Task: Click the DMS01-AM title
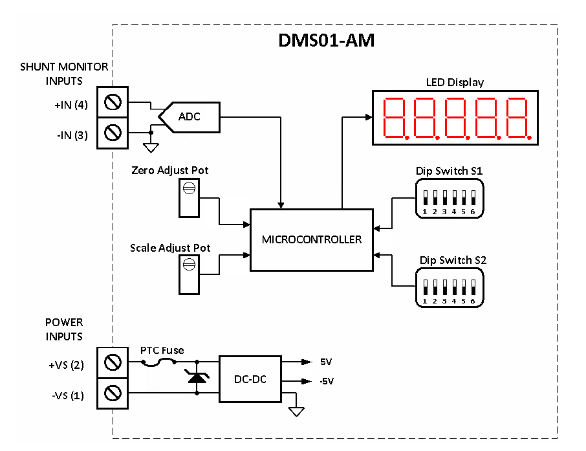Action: [327, 41]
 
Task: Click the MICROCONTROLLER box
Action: [311, 239]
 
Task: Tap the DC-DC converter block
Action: [250, 379]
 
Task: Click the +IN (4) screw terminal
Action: [113, 102]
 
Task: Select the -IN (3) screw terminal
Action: [113, 133]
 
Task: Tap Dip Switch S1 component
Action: [449, 199]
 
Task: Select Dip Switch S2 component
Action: [449, 288]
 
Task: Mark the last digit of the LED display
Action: [518, 118]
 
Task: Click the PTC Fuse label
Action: [162, 350]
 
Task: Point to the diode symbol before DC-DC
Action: [196, 379]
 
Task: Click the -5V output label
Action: [326, 381]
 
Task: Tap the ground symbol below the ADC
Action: [151, 147]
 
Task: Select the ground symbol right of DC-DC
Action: [297, 410]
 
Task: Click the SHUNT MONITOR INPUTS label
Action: [64, 74]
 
